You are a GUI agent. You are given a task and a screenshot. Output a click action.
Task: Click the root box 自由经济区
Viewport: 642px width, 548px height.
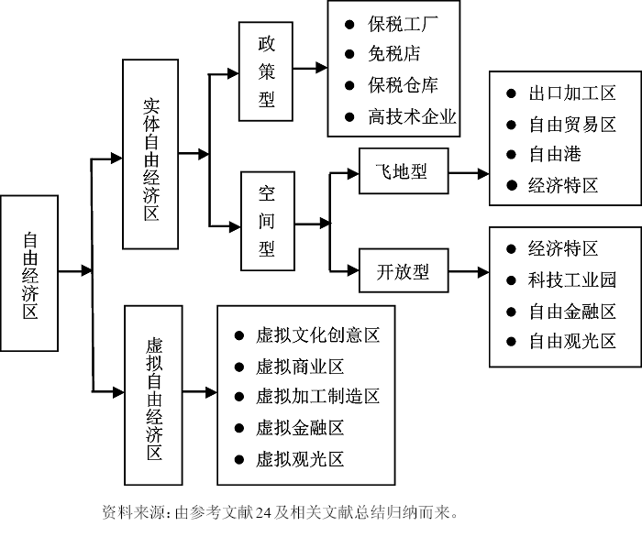30,272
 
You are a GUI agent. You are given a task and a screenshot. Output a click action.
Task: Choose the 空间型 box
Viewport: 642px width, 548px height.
266,221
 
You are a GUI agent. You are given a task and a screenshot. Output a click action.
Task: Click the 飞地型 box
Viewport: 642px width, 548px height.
403,171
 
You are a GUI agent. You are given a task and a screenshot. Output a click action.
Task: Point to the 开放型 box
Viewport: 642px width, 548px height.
403,272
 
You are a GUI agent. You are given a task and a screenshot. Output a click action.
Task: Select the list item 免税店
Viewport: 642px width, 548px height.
389,55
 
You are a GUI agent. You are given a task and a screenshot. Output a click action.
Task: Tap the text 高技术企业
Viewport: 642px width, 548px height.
412,116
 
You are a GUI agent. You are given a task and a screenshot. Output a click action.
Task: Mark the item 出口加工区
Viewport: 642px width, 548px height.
571,93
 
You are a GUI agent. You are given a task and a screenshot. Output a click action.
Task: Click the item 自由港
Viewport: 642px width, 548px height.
554,154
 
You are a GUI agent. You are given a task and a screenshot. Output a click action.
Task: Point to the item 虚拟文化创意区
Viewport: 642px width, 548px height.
317,336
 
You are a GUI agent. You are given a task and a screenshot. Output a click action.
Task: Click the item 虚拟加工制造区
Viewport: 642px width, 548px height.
317,397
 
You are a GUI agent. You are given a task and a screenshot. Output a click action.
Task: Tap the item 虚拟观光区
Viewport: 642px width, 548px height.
300,459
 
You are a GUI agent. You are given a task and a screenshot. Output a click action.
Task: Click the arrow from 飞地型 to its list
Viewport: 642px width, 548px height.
469,172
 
